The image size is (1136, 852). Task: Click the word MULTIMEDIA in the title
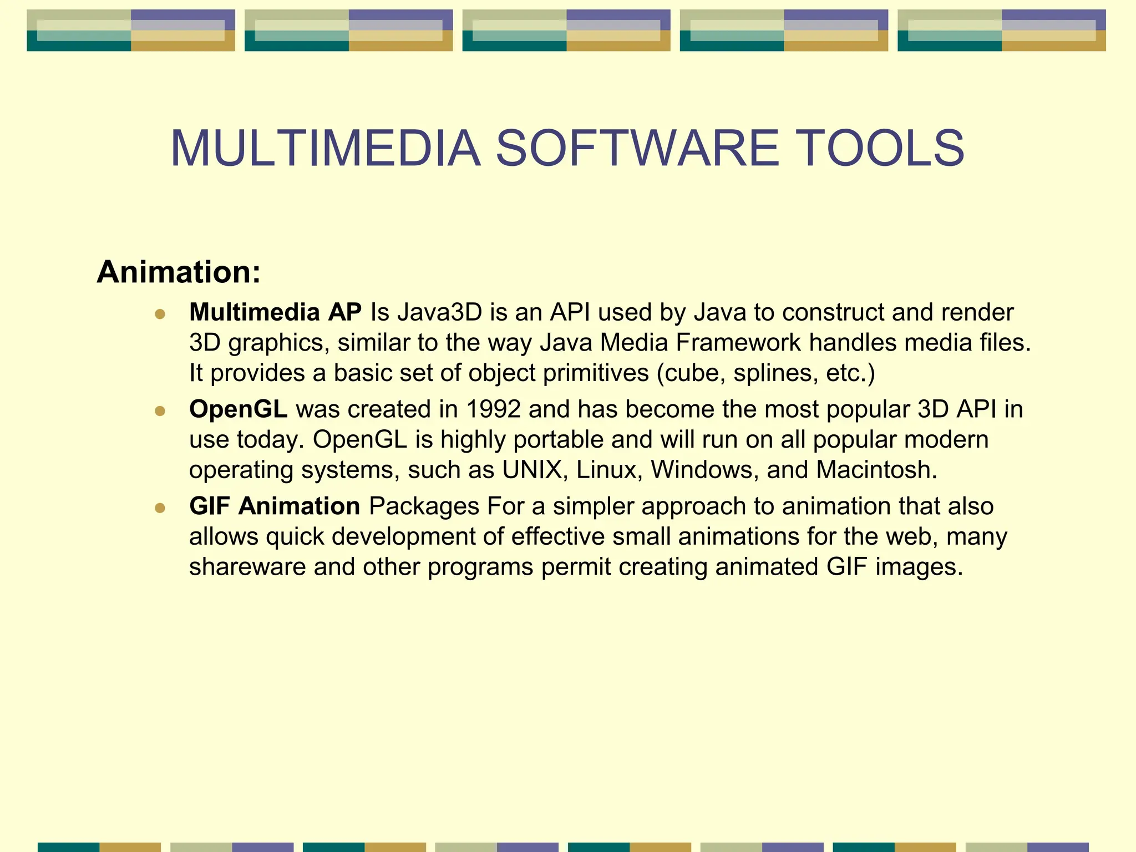325,148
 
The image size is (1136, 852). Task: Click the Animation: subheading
179,272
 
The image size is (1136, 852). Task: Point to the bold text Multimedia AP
275,312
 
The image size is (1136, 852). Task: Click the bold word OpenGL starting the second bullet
238,409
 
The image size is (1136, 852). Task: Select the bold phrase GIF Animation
275,506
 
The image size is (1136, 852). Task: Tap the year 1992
493,409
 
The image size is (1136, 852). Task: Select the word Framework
738,343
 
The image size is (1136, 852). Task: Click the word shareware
247,567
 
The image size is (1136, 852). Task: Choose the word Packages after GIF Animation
424,506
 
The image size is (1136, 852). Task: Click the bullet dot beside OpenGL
160,411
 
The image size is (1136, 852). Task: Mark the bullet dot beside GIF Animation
160,508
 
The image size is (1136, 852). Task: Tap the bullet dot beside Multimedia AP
160,315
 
